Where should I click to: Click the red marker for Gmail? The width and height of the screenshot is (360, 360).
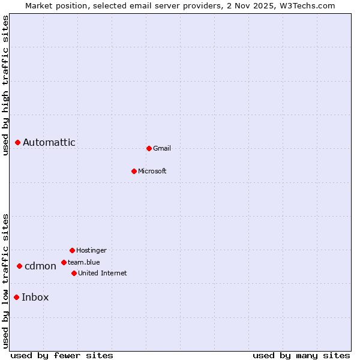(x=149, y=148)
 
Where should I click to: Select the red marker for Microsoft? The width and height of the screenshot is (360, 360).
(x=134, y=171)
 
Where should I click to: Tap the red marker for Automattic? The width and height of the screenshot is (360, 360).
(x=18, y=142)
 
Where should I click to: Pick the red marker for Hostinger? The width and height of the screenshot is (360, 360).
(x=72, y=250)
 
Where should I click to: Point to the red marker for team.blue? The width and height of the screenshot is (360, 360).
(x=64, y=262)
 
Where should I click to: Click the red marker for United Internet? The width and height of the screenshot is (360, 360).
(x=74, y=273)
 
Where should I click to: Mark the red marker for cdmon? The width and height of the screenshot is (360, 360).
(x=19, y=266)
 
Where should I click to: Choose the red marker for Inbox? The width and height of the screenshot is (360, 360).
(x=16, y=297)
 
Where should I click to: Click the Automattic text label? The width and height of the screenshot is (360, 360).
(x=49, y=142)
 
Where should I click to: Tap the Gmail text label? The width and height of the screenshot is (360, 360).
(x=162, y=148)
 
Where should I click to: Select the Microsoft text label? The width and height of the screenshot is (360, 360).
(x=152, y=171)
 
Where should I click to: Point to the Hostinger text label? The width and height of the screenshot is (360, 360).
(x=91, y=250)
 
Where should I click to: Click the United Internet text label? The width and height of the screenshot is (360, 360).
(x=103, y=273)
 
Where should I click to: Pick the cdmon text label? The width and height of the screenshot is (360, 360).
(x=40, y=266)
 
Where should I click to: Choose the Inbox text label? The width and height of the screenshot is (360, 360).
(x=35, y=297)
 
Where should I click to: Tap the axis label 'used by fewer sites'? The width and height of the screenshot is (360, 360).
(x=62, y=355)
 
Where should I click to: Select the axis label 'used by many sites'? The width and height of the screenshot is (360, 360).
(x=301, y=355)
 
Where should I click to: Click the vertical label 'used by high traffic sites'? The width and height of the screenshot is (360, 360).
(x=5, y=85)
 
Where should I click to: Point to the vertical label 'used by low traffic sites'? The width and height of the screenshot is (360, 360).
(x=5, y=281)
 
